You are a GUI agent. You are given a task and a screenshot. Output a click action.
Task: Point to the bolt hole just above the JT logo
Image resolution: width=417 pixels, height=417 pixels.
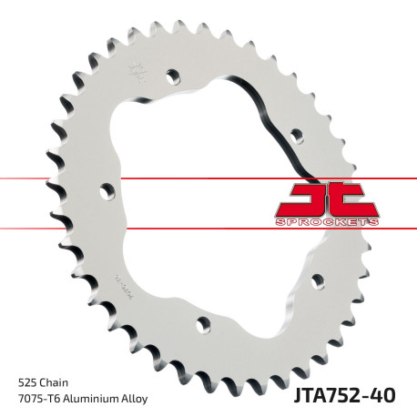click(297, 135)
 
